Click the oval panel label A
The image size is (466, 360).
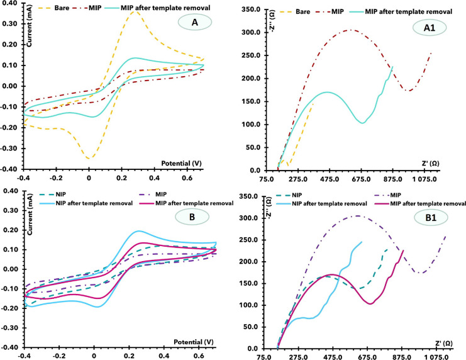(188, 23)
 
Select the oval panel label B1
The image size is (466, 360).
(418, 222)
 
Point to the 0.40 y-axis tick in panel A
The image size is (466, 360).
(11, 7)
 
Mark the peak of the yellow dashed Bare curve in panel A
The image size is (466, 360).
(135, 11)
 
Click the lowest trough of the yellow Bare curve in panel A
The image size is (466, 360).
(89, 158)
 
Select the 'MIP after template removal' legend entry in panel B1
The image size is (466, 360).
(429, 204)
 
